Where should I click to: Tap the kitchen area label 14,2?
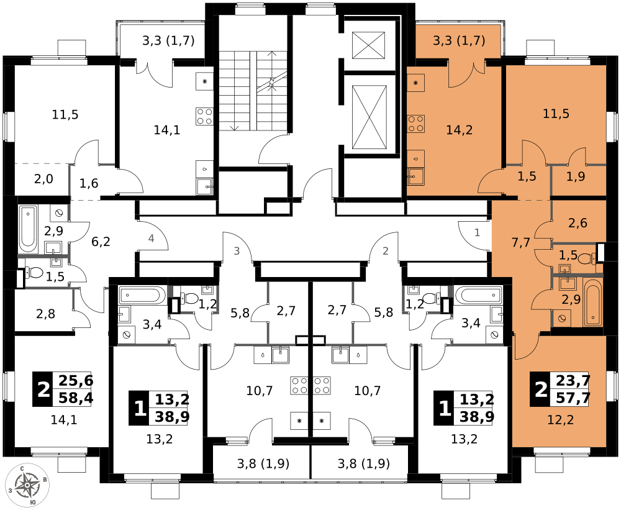460,130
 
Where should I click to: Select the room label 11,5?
556,114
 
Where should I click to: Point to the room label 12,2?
560,420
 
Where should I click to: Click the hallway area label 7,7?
520,242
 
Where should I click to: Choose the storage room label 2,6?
578,223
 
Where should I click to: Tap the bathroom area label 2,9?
571,299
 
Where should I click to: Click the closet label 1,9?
576,176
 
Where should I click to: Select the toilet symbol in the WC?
587,258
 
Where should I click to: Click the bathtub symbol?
592,303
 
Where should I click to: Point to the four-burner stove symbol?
415,124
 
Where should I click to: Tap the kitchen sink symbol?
415,176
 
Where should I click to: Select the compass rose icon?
27,485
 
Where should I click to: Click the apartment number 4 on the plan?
151,238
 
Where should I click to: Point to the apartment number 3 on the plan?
237,251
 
